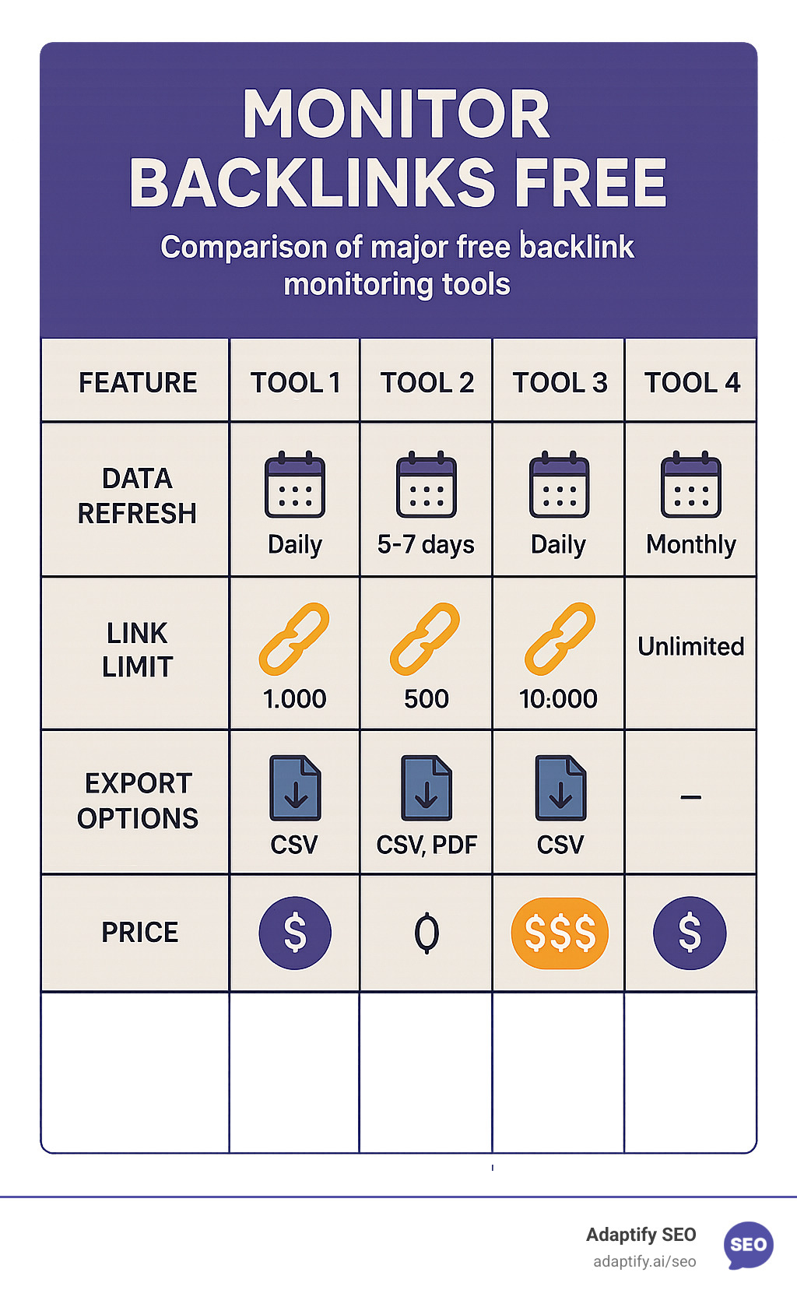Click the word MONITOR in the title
[396, 114]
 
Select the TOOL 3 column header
[559, 382]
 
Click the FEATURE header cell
[138, 382]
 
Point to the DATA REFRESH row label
[137, 496]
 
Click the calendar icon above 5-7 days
[427, 485]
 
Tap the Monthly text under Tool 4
[690, 544]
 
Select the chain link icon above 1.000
[294, 638]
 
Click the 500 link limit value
[427, 698]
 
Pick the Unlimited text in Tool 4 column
[690, 646]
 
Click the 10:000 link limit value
[558, 698]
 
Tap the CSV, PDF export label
[427, 845]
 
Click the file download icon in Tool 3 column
[560, 788]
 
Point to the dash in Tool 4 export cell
[690, 797]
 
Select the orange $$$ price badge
[560, 933]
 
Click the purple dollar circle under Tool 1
[295, 933]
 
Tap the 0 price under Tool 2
[427, 933]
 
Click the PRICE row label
[139, 932]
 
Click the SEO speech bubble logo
[748, 1244]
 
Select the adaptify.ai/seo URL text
[644, 1261]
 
